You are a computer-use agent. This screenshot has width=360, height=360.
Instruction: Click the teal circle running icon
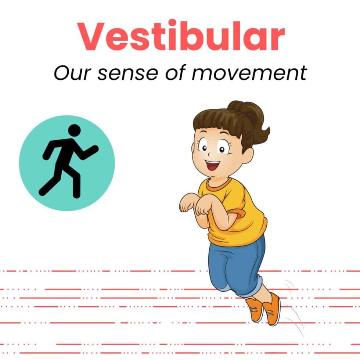(x=67, y=163)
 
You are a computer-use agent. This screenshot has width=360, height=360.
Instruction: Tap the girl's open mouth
(x=213, y=165)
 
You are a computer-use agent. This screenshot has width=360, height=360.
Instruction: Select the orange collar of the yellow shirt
(x=218, y=184)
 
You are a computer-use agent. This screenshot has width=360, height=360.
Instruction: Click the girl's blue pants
(x=237, y=266)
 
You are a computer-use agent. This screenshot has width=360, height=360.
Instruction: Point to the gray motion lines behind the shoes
(x=294, y=308)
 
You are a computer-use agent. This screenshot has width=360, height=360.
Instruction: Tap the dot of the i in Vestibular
(x=170, y=24)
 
